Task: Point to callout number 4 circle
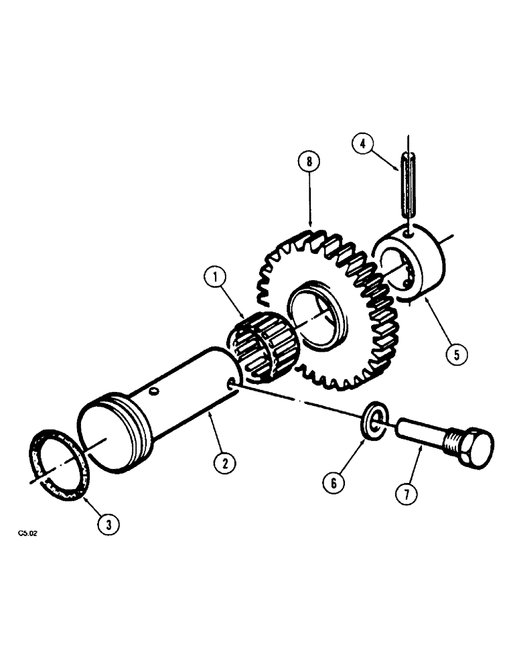coord(362,143)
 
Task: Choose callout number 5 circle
coord(456,354)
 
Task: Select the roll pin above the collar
coord(408,184)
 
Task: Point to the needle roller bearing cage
coord(264,341)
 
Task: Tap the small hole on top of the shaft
coord(155,391)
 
